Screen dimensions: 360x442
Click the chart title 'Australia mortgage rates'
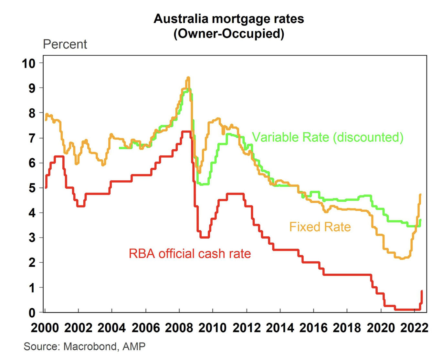point(228,19)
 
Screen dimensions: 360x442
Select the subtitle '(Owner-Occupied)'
point(228,34)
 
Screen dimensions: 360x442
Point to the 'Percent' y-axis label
point(65,44)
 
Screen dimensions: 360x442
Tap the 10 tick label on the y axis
point(28,63)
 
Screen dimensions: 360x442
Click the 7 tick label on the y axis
point(32,138)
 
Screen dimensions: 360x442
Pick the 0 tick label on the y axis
point(32,312)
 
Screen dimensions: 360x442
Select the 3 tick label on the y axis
point(32,238)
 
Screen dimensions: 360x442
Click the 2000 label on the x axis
point(45,328)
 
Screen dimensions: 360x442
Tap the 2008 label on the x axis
point(179,328)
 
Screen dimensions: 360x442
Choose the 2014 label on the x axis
point(280,328)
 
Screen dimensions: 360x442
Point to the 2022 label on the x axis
point(414,328)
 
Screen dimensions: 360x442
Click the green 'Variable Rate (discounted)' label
point(327,137)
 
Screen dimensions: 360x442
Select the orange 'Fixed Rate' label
point(320,227)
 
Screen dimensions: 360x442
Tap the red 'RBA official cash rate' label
point(190,254)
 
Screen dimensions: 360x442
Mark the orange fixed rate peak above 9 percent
point(188,78)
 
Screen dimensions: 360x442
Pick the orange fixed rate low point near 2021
point(402,258)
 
